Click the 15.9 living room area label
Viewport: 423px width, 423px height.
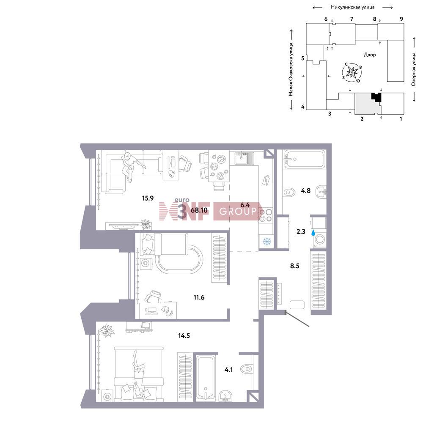(x=148, y=198)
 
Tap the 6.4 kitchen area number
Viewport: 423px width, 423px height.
(x=245, y=205)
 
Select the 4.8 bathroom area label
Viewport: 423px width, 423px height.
(x=306, y=191)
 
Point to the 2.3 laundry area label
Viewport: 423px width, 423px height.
(x=301, y=231)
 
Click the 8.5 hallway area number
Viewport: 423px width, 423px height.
(x=294, y=266)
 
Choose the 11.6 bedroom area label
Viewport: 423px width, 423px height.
(x=199, y=297)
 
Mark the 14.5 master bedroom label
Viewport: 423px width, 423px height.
(x=184, y=336)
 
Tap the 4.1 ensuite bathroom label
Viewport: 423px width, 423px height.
(x=228, y=370)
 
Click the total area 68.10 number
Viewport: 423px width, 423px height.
(x=199, y=210)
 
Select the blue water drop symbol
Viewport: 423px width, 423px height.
(x=313, y=233)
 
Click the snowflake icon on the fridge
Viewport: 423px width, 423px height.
(x=266, y=242)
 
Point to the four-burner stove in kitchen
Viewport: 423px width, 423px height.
(x=266, y=215)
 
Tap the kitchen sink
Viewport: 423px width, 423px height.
(x=244, y=158)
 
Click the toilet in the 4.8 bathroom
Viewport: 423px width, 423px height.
(x=288, y=192)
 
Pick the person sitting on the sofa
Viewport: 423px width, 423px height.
(x=131, y=166)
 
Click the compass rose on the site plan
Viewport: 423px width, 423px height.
(x=352, y=72)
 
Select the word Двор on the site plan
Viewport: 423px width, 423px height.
(x=370, y=55)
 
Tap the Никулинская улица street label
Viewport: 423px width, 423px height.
(x=353, y=7)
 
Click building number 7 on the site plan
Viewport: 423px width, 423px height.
(x=352, y=19)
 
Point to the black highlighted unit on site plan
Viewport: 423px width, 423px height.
(x=376, y=97)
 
